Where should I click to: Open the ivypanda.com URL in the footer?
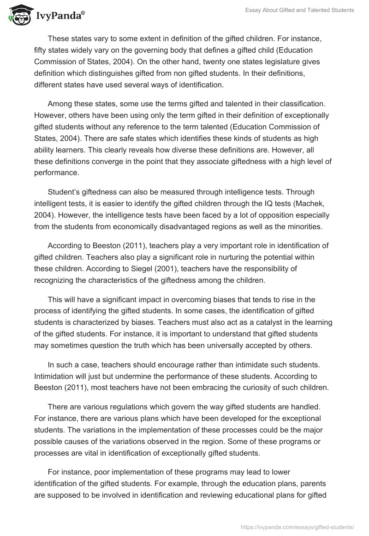(298, 526)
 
